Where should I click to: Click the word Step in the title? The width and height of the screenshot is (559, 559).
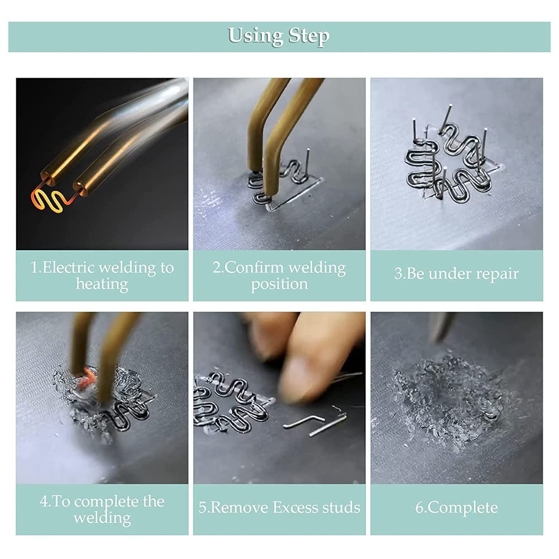coord(309,36)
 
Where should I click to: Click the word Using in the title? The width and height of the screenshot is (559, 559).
coord(256,35)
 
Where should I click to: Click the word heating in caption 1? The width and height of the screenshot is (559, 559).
coord(102,284)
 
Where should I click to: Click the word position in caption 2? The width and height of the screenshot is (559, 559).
coord(279,284)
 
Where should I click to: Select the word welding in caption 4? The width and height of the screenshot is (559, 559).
coord(102,518)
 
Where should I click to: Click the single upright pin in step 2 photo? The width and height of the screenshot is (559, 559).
coord(307,162)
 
